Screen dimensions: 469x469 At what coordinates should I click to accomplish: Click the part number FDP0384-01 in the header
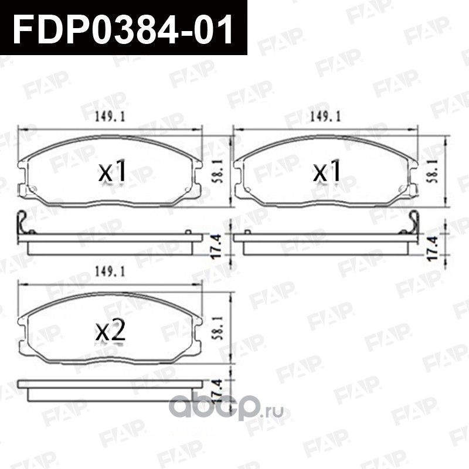(123, 28)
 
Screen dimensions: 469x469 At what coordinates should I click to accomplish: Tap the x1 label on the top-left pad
(112, 173)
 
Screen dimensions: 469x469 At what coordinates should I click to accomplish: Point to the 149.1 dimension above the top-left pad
(109, 117)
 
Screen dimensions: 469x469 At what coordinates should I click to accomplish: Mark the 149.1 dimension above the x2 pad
(109, 272)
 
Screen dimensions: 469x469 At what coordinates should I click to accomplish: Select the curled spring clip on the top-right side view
(413, 221)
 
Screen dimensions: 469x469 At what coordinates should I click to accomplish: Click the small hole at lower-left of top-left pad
(33, 189)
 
